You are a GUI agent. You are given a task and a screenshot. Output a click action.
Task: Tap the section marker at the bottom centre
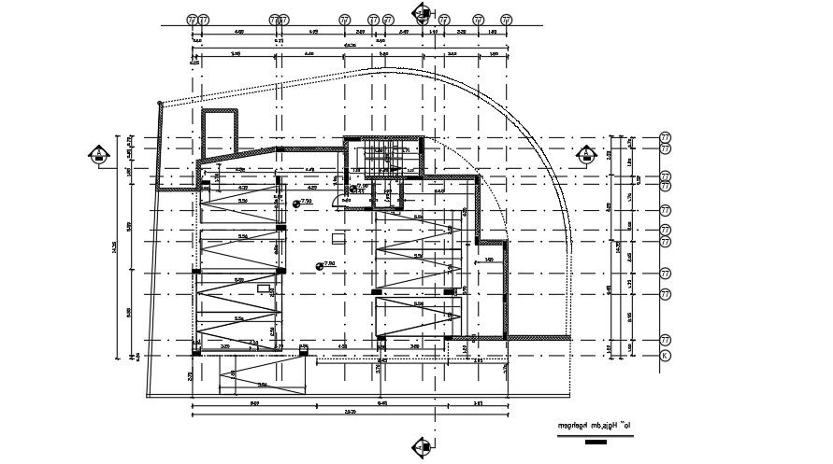[x=421, y=447]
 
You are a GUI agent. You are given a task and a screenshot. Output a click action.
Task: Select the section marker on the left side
[x=97, y=155]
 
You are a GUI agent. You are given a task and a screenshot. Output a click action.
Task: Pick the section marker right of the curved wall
[x=586, y=155]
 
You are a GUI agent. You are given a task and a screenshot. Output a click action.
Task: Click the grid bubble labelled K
[x=665, y=356]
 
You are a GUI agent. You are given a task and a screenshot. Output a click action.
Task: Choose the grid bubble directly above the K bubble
[x=665, y=340]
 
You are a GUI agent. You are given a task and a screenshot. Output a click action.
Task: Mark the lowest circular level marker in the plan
[x=320, y=266]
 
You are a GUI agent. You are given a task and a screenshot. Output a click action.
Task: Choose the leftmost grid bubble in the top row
[x=193, y=19]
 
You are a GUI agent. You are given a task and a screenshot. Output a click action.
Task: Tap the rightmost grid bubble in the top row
[x=507, y=19]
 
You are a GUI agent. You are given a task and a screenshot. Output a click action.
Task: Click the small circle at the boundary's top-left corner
[x=160, y=103]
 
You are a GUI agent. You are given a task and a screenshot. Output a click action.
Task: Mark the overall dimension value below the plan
[x=350, y=411]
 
